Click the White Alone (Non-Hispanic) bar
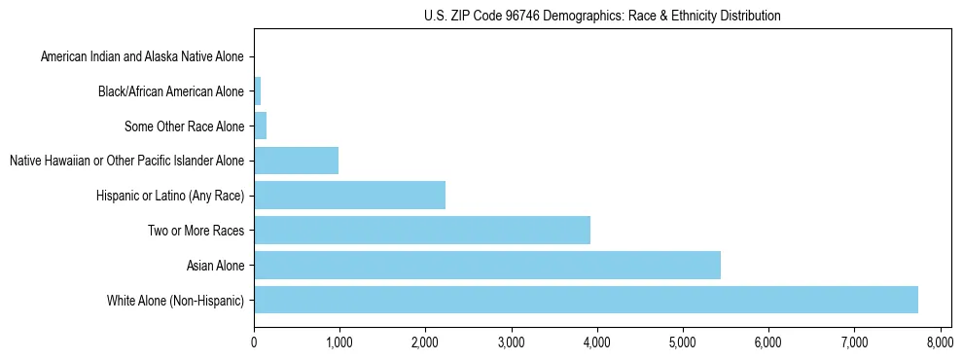click(586, 300)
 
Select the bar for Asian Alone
click(486, 265)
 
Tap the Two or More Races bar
click(421, 230)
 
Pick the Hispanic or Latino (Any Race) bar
click(349, 196)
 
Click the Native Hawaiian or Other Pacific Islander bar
click(296, 161)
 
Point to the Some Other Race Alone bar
click(260, 126)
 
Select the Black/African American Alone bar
click(257, 91)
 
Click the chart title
click(602, 16)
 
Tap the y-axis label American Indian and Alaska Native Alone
click(143, 57)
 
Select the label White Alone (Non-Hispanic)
click(176, 301)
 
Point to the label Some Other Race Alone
click(185, 126)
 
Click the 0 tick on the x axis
click(254, 342)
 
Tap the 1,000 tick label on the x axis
click(339, 342)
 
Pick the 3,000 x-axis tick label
click(511, 342)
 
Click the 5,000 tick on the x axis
click(683, 342)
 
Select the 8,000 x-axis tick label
click(940, 342)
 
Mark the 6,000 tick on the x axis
click(768, 342)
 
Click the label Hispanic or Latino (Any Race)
click(171, 197)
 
